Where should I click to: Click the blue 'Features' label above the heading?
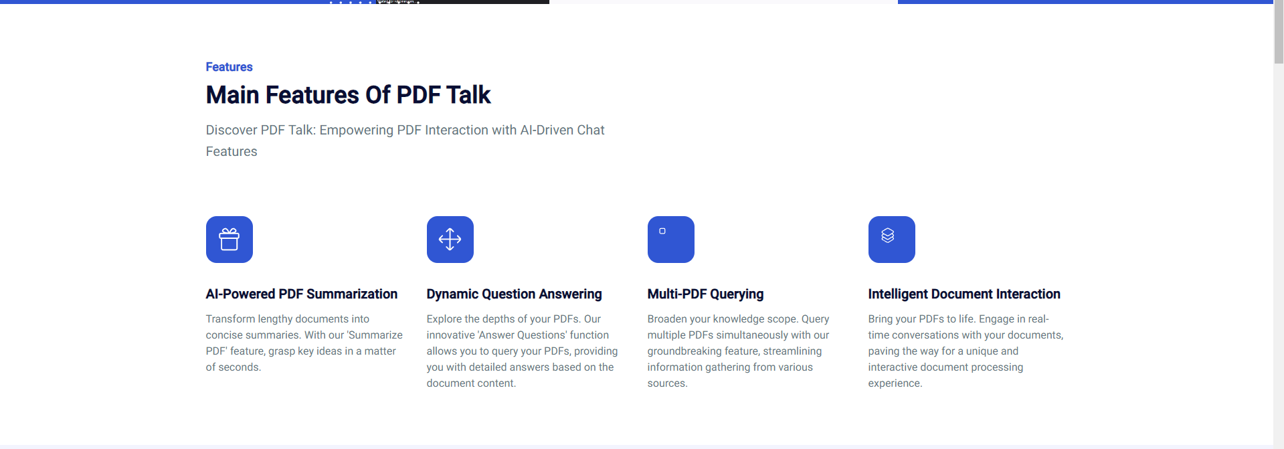[x=229, y=67]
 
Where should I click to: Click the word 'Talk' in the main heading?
[x=468, y=95]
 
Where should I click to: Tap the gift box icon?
[x=230, y=239]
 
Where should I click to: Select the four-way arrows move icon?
[x=450, y=239]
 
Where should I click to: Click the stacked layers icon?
[x=888, y=236]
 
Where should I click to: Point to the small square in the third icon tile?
[x=662, y=231]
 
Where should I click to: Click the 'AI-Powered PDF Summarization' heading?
[x=301, y=294]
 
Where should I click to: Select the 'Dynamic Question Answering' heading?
[x=514, y=294]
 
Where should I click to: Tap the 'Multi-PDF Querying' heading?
[x=705, y=294]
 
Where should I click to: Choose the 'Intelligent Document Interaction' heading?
[x=964, y=294]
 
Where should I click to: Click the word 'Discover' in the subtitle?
[x=231, y=130]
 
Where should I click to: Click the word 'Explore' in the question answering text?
[x=444, y=319]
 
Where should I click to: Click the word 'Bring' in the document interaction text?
[x=880, y=319]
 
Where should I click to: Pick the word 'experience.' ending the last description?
[x=895, y=383]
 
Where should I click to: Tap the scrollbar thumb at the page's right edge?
[x=1279, y=31]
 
